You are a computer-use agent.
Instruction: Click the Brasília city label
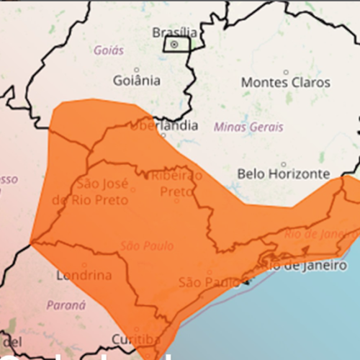[x=174, y=32]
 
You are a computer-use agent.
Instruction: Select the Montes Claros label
[x=286, y=82]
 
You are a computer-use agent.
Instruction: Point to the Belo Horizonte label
[x=284, y=174]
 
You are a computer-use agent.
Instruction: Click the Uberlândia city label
[x=163, y=125]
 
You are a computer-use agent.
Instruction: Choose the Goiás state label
[x=109, y=51]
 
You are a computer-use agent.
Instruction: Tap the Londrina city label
[x=84, y=275]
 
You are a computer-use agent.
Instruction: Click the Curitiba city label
[x=135, y=339]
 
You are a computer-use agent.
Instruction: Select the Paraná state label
[x=66, y=305]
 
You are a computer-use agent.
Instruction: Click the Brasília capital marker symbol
[x=174, y=44]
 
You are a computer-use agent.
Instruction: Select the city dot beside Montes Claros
[x=286, y=71]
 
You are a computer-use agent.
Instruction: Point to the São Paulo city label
[x=209, y=282]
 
